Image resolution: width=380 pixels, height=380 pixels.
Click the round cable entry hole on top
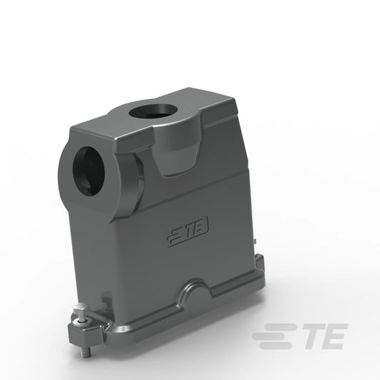click(x=150, y=111)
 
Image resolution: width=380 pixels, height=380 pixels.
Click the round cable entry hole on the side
click(x=88, y=169)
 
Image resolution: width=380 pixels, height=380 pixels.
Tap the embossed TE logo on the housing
click(x=188, y=231)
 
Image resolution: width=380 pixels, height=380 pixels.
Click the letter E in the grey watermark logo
click(x=334, y=336)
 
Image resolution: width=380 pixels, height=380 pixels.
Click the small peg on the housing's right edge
click(x=255, y=241)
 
